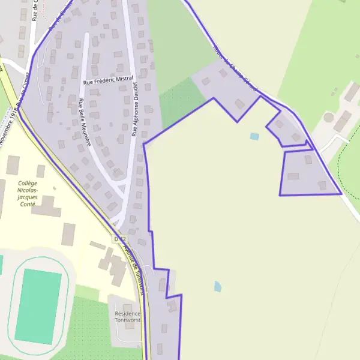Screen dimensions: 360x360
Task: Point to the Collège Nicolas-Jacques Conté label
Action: pyautogui.click(x=27, y=193)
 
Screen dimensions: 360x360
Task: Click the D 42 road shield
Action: pyautogui.click(x=118, y=239)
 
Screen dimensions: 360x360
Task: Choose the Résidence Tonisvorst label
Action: pyautogui.click(x=127, y=316)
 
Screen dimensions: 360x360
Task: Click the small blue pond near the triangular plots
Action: pyautogui.click(x=254, y=136)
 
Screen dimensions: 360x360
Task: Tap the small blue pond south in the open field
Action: pyautogui.click(x=217, y=286)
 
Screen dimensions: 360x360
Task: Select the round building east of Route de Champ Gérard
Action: pyautogui.click(x=328, y=117)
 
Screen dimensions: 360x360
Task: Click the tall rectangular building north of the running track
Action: pyautogui.click(x=68, y=234)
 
